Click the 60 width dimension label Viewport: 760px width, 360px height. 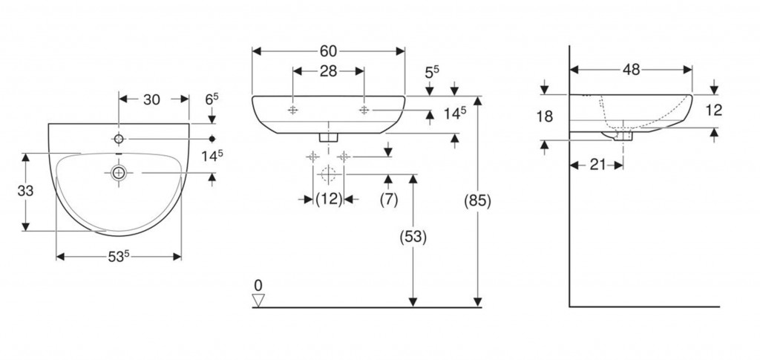tap(329, 51)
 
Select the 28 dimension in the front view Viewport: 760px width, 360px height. tap(328, 71)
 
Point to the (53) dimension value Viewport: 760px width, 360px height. tap(413, 238)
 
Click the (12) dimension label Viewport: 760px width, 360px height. tap(328, 199)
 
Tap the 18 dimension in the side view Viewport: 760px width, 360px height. tap(546, 116)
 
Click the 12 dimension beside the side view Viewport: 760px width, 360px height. tap(714, 111)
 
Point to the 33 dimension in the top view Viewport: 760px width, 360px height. tap(26, 191)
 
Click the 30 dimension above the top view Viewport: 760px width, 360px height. tap(152, 99)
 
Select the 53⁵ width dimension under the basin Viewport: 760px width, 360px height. tap(119, 257)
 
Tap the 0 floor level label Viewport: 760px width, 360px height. tap(258, 285)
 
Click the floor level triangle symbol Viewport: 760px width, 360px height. tap(258, 300)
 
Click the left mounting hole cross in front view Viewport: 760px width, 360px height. tap(293, 110)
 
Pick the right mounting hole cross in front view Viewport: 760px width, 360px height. tap(364, 110)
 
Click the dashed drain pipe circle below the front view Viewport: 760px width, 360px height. tap(328, 175)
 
